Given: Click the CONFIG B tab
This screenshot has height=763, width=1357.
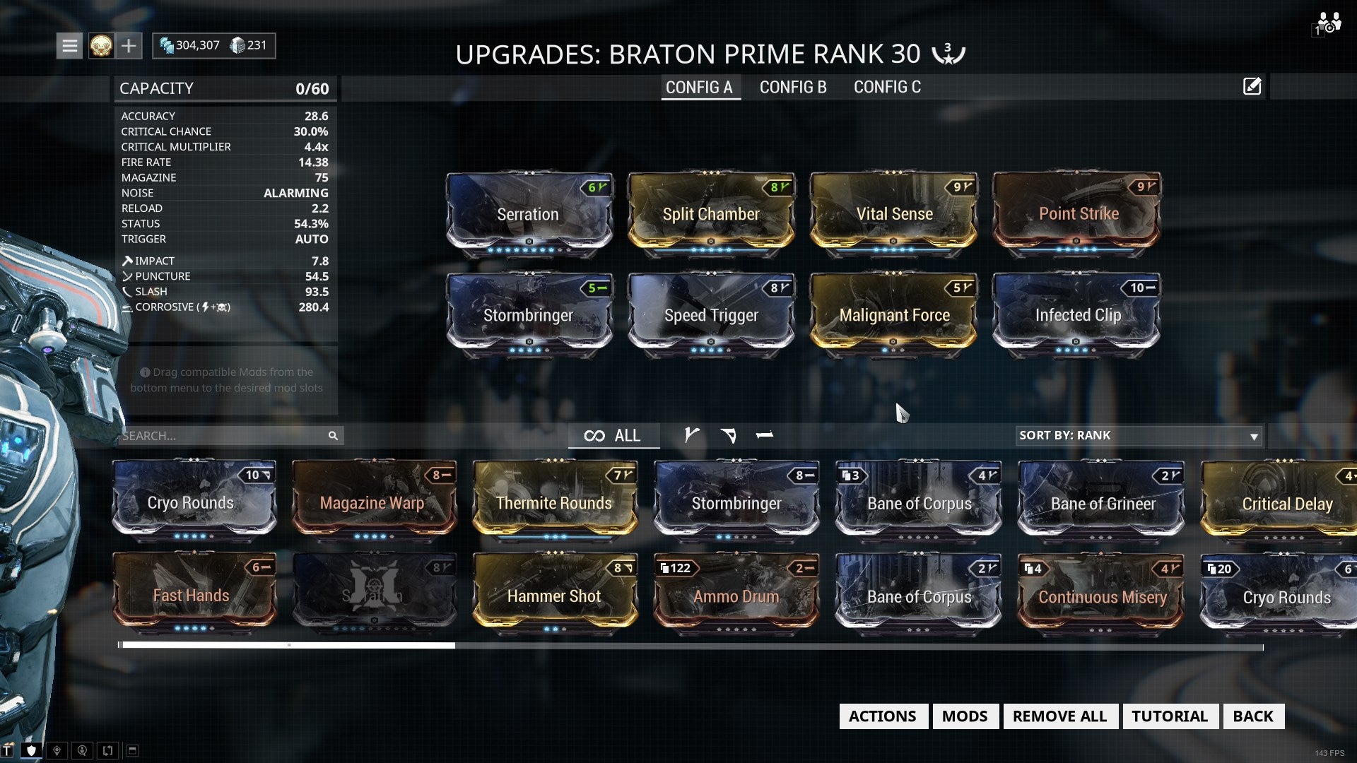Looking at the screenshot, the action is coord(792,87).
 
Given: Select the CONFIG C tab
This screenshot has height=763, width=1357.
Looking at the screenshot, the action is coord(887,87).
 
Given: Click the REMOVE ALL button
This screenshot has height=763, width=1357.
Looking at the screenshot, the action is coord(1059,716).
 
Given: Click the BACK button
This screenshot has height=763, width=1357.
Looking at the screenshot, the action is coord(1252,716).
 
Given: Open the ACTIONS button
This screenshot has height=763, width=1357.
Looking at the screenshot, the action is coord(882,716).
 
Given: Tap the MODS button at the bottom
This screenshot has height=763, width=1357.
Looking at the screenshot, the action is coord(964,716).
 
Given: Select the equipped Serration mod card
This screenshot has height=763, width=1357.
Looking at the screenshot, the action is coord(528,214).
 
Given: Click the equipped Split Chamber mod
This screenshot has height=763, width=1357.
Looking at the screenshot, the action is coord(711,214).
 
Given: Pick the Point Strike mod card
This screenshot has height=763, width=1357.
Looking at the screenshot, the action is coord(1078,214).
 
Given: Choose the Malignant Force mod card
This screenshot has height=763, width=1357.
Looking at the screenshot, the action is coord(894,315).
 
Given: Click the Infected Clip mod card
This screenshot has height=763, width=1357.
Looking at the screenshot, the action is coord(1078,315).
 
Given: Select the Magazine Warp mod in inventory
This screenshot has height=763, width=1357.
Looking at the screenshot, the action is coord(372,502).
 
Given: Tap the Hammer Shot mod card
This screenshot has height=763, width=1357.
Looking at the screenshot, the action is coord(554,596).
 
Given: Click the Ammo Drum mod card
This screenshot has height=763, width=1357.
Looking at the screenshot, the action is coord(736,596).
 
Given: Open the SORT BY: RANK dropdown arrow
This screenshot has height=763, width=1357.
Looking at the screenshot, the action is coord(1254,437).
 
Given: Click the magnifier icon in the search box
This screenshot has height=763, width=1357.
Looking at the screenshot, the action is coord(333,436).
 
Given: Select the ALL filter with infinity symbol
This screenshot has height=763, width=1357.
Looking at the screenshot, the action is coord(613,436).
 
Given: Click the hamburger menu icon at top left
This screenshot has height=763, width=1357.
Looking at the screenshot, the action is coord(69,46).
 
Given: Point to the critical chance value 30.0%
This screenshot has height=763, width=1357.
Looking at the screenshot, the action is coord(310,131).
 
